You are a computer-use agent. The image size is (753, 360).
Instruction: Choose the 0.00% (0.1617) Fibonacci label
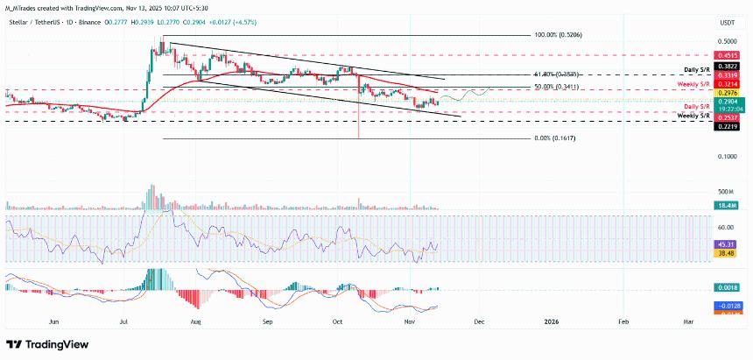pos(558,138)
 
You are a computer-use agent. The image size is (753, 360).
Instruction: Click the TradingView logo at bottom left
pos(44,344)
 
